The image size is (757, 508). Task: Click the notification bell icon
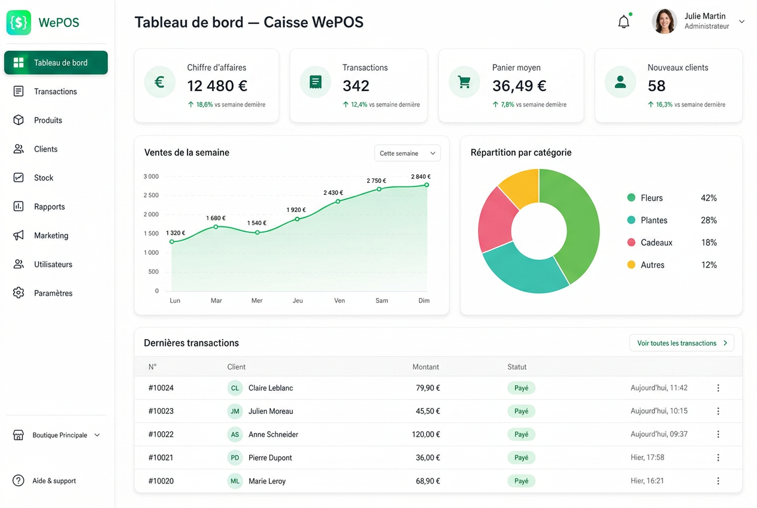pos(623,22)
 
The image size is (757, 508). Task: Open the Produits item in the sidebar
pos(48,120)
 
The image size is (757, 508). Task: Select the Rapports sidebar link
pos(49,207)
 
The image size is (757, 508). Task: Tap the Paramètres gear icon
pos(19,293)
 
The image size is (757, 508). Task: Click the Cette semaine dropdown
pos(407,153)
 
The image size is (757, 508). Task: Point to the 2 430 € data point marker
pos(338,201)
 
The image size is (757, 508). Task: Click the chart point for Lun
pos(172,241)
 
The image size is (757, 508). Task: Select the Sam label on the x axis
pos(381,301)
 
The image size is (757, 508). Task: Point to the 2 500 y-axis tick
pos(151,195)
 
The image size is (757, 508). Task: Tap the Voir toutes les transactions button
pos(682,343)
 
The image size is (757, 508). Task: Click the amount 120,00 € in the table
pos(426,434)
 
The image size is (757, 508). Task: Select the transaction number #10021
pos(161,458)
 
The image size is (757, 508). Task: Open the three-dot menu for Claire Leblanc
pos(718,388)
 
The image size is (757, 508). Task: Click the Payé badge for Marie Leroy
pos(521,480)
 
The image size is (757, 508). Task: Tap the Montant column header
pos(425,367)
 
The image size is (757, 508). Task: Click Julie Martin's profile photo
pos(664,22)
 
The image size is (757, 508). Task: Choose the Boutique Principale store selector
pos(56,435)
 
